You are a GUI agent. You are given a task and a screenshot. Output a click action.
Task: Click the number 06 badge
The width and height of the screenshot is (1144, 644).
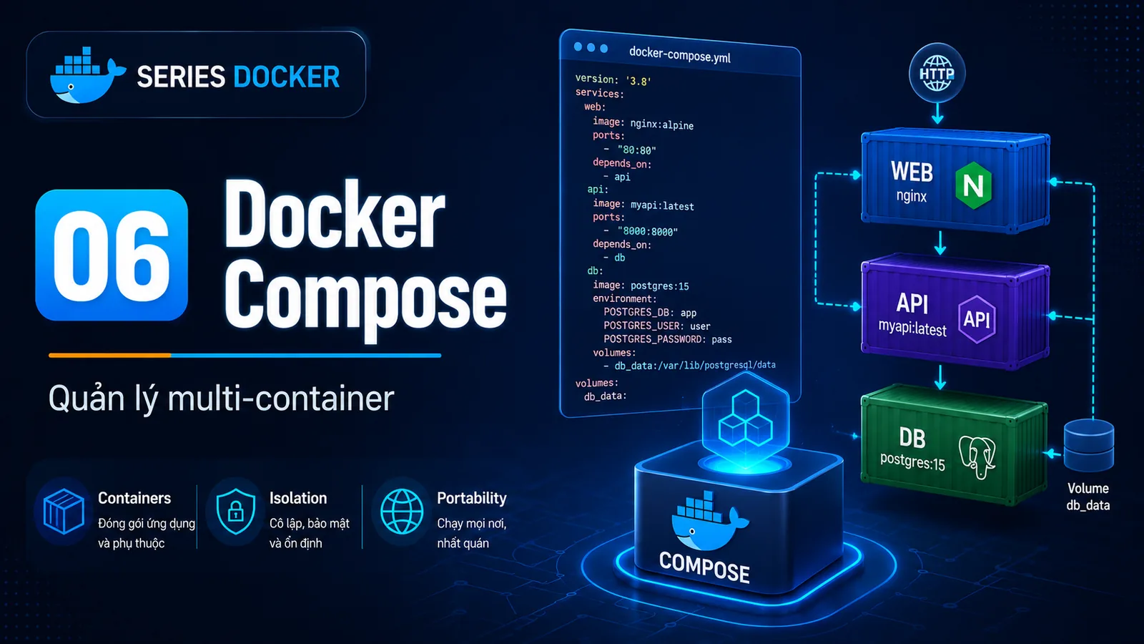112,255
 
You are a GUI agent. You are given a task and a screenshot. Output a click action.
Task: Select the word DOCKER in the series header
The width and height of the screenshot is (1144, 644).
287,77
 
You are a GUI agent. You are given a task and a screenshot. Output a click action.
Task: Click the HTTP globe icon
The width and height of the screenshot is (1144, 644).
937,73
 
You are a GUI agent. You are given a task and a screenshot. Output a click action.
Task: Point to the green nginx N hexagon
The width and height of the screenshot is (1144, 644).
973,185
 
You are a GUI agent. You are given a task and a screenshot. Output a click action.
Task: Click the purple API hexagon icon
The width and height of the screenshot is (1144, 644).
977,319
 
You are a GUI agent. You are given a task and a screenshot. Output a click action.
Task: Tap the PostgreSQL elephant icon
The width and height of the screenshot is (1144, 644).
977,457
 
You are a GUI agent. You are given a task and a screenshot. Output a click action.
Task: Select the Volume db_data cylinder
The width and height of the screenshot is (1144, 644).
1089,445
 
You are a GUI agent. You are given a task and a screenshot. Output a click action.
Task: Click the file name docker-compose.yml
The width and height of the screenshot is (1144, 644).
679,54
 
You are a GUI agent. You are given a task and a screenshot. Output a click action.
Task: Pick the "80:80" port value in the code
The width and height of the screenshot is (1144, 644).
636,150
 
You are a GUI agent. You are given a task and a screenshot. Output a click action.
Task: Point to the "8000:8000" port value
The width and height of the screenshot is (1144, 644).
647,232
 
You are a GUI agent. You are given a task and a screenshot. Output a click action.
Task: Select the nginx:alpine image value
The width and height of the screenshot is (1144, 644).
662,125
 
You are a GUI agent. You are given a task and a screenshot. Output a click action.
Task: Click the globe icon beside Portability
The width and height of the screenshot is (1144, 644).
402,512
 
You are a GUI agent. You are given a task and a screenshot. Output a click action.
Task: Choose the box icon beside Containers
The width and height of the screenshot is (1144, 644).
64,511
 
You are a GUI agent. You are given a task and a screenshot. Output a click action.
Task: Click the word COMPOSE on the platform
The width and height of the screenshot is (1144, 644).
704,567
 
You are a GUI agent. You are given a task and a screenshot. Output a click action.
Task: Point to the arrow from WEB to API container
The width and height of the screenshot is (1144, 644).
940,243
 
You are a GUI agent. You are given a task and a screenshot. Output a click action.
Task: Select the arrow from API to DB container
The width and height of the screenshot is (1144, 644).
940,376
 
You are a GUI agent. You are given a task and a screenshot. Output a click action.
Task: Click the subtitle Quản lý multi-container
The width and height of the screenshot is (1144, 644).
221,399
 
